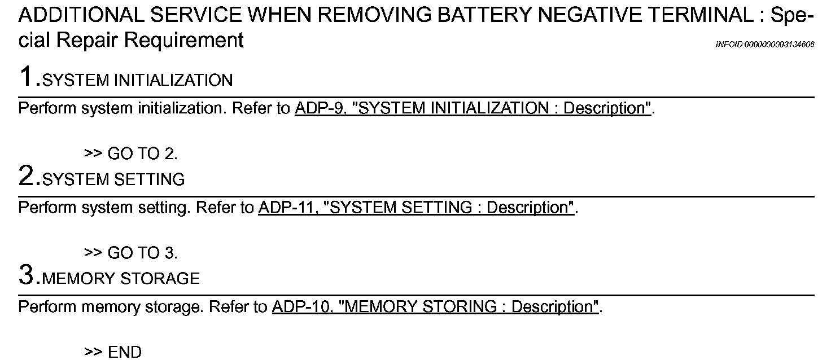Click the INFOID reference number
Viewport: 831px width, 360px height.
coord(764,45)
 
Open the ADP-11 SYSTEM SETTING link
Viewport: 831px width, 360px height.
coord(416,208)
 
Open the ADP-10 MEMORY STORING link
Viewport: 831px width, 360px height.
coord(435,307)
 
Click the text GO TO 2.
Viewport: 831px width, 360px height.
coord(142,153)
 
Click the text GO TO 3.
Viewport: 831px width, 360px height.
coord(142,253)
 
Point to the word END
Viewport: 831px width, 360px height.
coord(125,352)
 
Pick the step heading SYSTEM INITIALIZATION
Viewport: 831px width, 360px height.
coord(137,81)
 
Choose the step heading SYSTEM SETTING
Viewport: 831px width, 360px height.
coord(113,180)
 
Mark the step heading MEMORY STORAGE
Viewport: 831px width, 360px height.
coord(121,279)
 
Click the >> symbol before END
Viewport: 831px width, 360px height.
coord(93,353)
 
